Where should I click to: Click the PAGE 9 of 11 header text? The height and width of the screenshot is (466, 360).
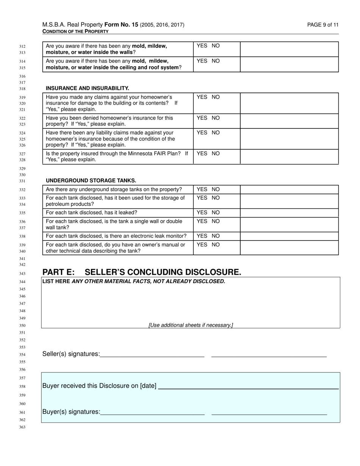[323, 25]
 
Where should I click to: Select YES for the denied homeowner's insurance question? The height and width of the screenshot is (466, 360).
[202, 118]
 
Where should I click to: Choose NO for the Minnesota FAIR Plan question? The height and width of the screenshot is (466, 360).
[216, 153]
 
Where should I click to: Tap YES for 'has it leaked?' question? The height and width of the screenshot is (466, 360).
[202, 213]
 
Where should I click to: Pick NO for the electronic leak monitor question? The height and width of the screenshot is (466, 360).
[216, 236]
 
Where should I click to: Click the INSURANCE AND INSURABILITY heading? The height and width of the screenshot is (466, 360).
[88, 88]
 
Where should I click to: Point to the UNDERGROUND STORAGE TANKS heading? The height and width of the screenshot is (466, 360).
[91, 181]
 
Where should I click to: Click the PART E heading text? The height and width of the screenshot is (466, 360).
[141, 272]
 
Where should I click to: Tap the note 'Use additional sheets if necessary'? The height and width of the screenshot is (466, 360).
[191, 325]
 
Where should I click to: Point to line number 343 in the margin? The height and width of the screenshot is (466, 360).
[22, 274]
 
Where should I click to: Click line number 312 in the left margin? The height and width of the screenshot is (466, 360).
[22, 46]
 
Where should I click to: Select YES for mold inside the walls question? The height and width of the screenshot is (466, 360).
[202, 46]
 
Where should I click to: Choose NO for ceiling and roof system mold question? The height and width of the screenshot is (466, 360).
[216, 61]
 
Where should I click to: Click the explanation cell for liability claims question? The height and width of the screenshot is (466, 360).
[289, 139]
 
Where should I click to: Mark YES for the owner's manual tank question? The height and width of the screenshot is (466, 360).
[202, 245]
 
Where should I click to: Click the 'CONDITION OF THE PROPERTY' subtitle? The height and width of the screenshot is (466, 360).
[75, 31]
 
